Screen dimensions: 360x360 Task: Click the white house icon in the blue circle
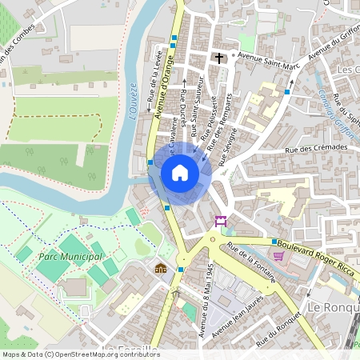point(180,173)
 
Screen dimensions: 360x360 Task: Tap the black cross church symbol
point(218,58)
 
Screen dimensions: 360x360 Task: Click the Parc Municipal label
point(70,257)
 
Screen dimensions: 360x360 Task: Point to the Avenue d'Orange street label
point(168,92)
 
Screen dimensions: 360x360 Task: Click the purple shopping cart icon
point(278,256)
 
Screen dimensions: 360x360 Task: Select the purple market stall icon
point(221,221)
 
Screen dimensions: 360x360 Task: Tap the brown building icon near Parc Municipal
point(161,268)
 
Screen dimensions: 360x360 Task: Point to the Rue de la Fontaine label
point(251,263)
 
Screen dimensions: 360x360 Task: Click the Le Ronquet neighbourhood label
point(333,308)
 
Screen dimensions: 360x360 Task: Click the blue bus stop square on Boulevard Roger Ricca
point(274,242)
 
